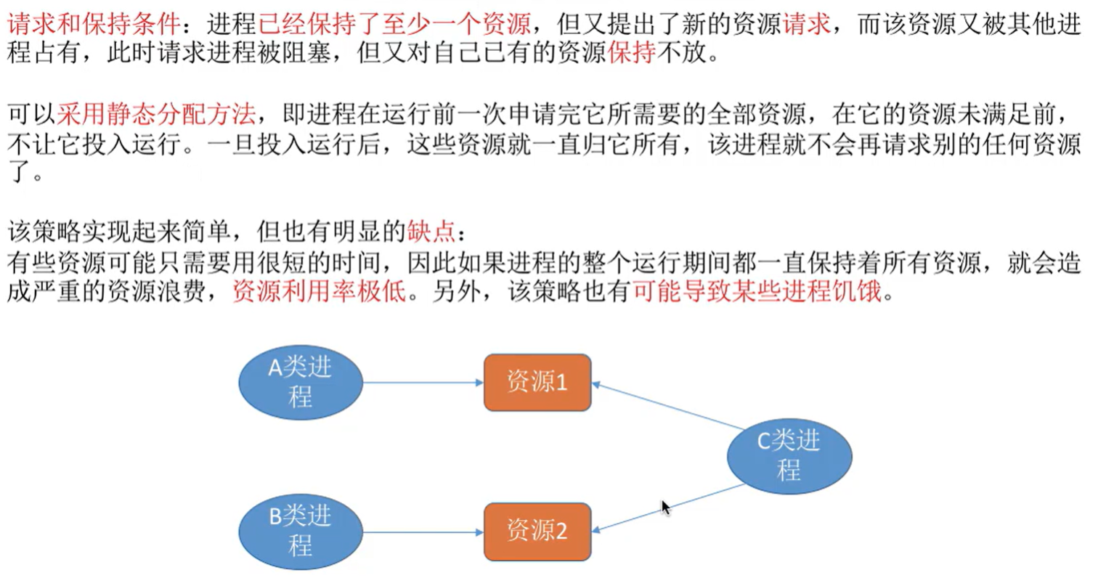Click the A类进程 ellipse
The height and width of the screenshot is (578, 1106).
coord(300,383)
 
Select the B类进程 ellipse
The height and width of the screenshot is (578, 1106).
coord(300,532)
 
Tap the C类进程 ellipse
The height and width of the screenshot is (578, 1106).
coord(789,455)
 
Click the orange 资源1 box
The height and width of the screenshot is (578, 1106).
coord(537,382)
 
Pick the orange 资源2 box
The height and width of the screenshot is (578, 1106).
coord(537,532)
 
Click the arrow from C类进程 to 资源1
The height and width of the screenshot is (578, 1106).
coord(668,406)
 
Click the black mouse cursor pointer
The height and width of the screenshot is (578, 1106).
coord(665,507)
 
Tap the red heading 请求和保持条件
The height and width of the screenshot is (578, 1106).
coord(93,25)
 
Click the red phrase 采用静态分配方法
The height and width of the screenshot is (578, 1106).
coord(155,114)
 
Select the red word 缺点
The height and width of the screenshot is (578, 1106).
coord(431,232)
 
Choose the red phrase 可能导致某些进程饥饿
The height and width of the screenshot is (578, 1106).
coord(757,291)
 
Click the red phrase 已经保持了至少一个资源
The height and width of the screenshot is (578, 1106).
coord(394,25)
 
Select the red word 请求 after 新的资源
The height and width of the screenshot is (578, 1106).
coord(807,25)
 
